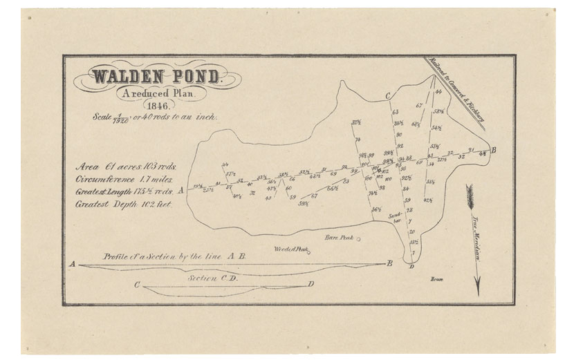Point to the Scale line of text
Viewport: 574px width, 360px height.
(x=164, y=118)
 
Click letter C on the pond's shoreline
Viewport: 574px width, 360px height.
(x=389, y=96)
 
